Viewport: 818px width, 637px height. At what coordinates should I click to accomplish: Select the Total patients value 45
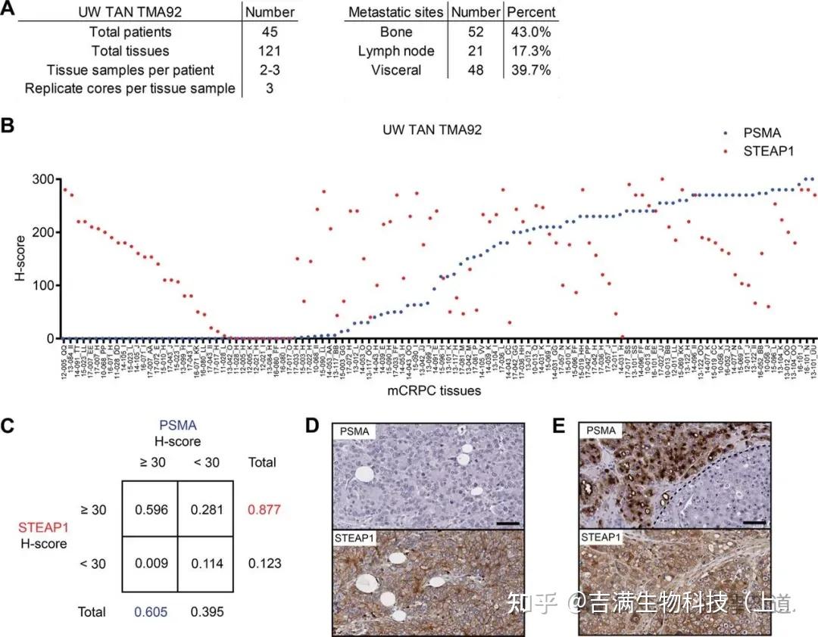coord(268,32)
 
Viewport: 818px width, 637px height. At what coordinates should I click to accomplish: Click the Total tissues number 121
coord(268,51)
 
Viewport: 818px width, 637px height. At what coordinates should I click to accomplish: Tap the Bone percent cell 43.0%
coord(531,32)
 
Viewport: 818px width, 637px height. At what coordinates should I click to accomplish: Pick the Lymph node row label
coord(397,51)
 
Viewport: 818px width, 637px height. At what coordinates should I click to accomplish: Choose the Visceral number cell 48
coord(474,70)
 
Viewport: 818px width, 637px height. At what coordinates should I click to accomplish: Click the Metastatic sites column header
coord(396,13)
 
